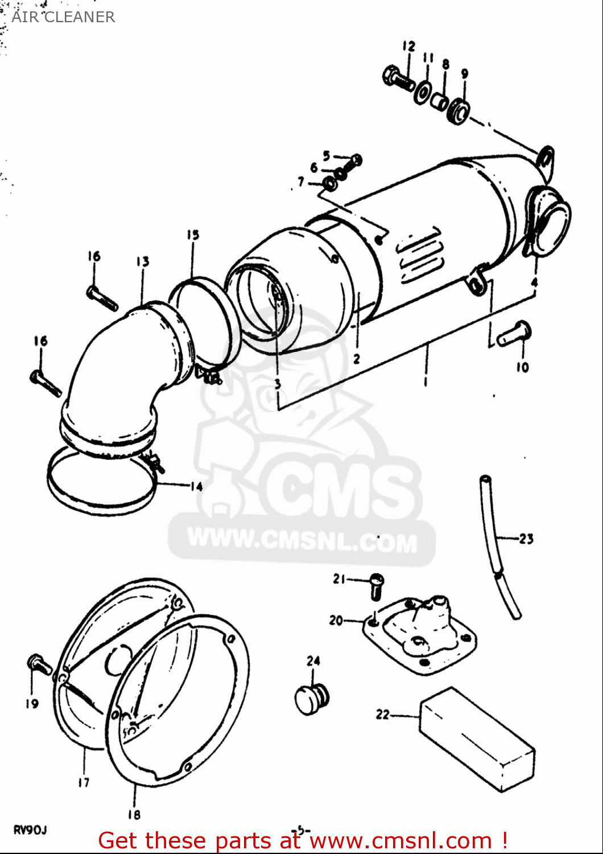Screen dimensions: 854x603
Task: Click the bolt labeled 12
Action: pos(399,79)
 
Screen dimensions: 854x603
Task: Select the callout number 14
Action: pos(196,486)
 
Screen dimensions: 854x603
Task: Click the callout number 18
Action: pos(134,815)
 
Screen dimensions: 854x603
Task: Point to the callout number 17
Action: pos(84,782)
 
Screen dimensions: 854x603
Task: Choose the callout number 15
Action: pos(192,235)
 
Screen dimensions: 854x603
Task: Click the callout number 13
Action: pos(142,261)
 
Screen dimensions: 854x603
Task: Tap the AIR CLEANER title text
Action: pos(63,17)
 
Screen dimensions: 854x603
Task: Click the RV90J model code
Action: pos(30,830)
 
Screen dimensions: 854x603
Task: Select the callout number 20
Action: pos(336,620)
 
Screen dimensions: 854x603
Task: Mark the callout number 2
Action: pos(357,359)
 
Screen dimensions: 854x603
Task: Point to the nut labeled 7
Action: pos(329,184)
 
